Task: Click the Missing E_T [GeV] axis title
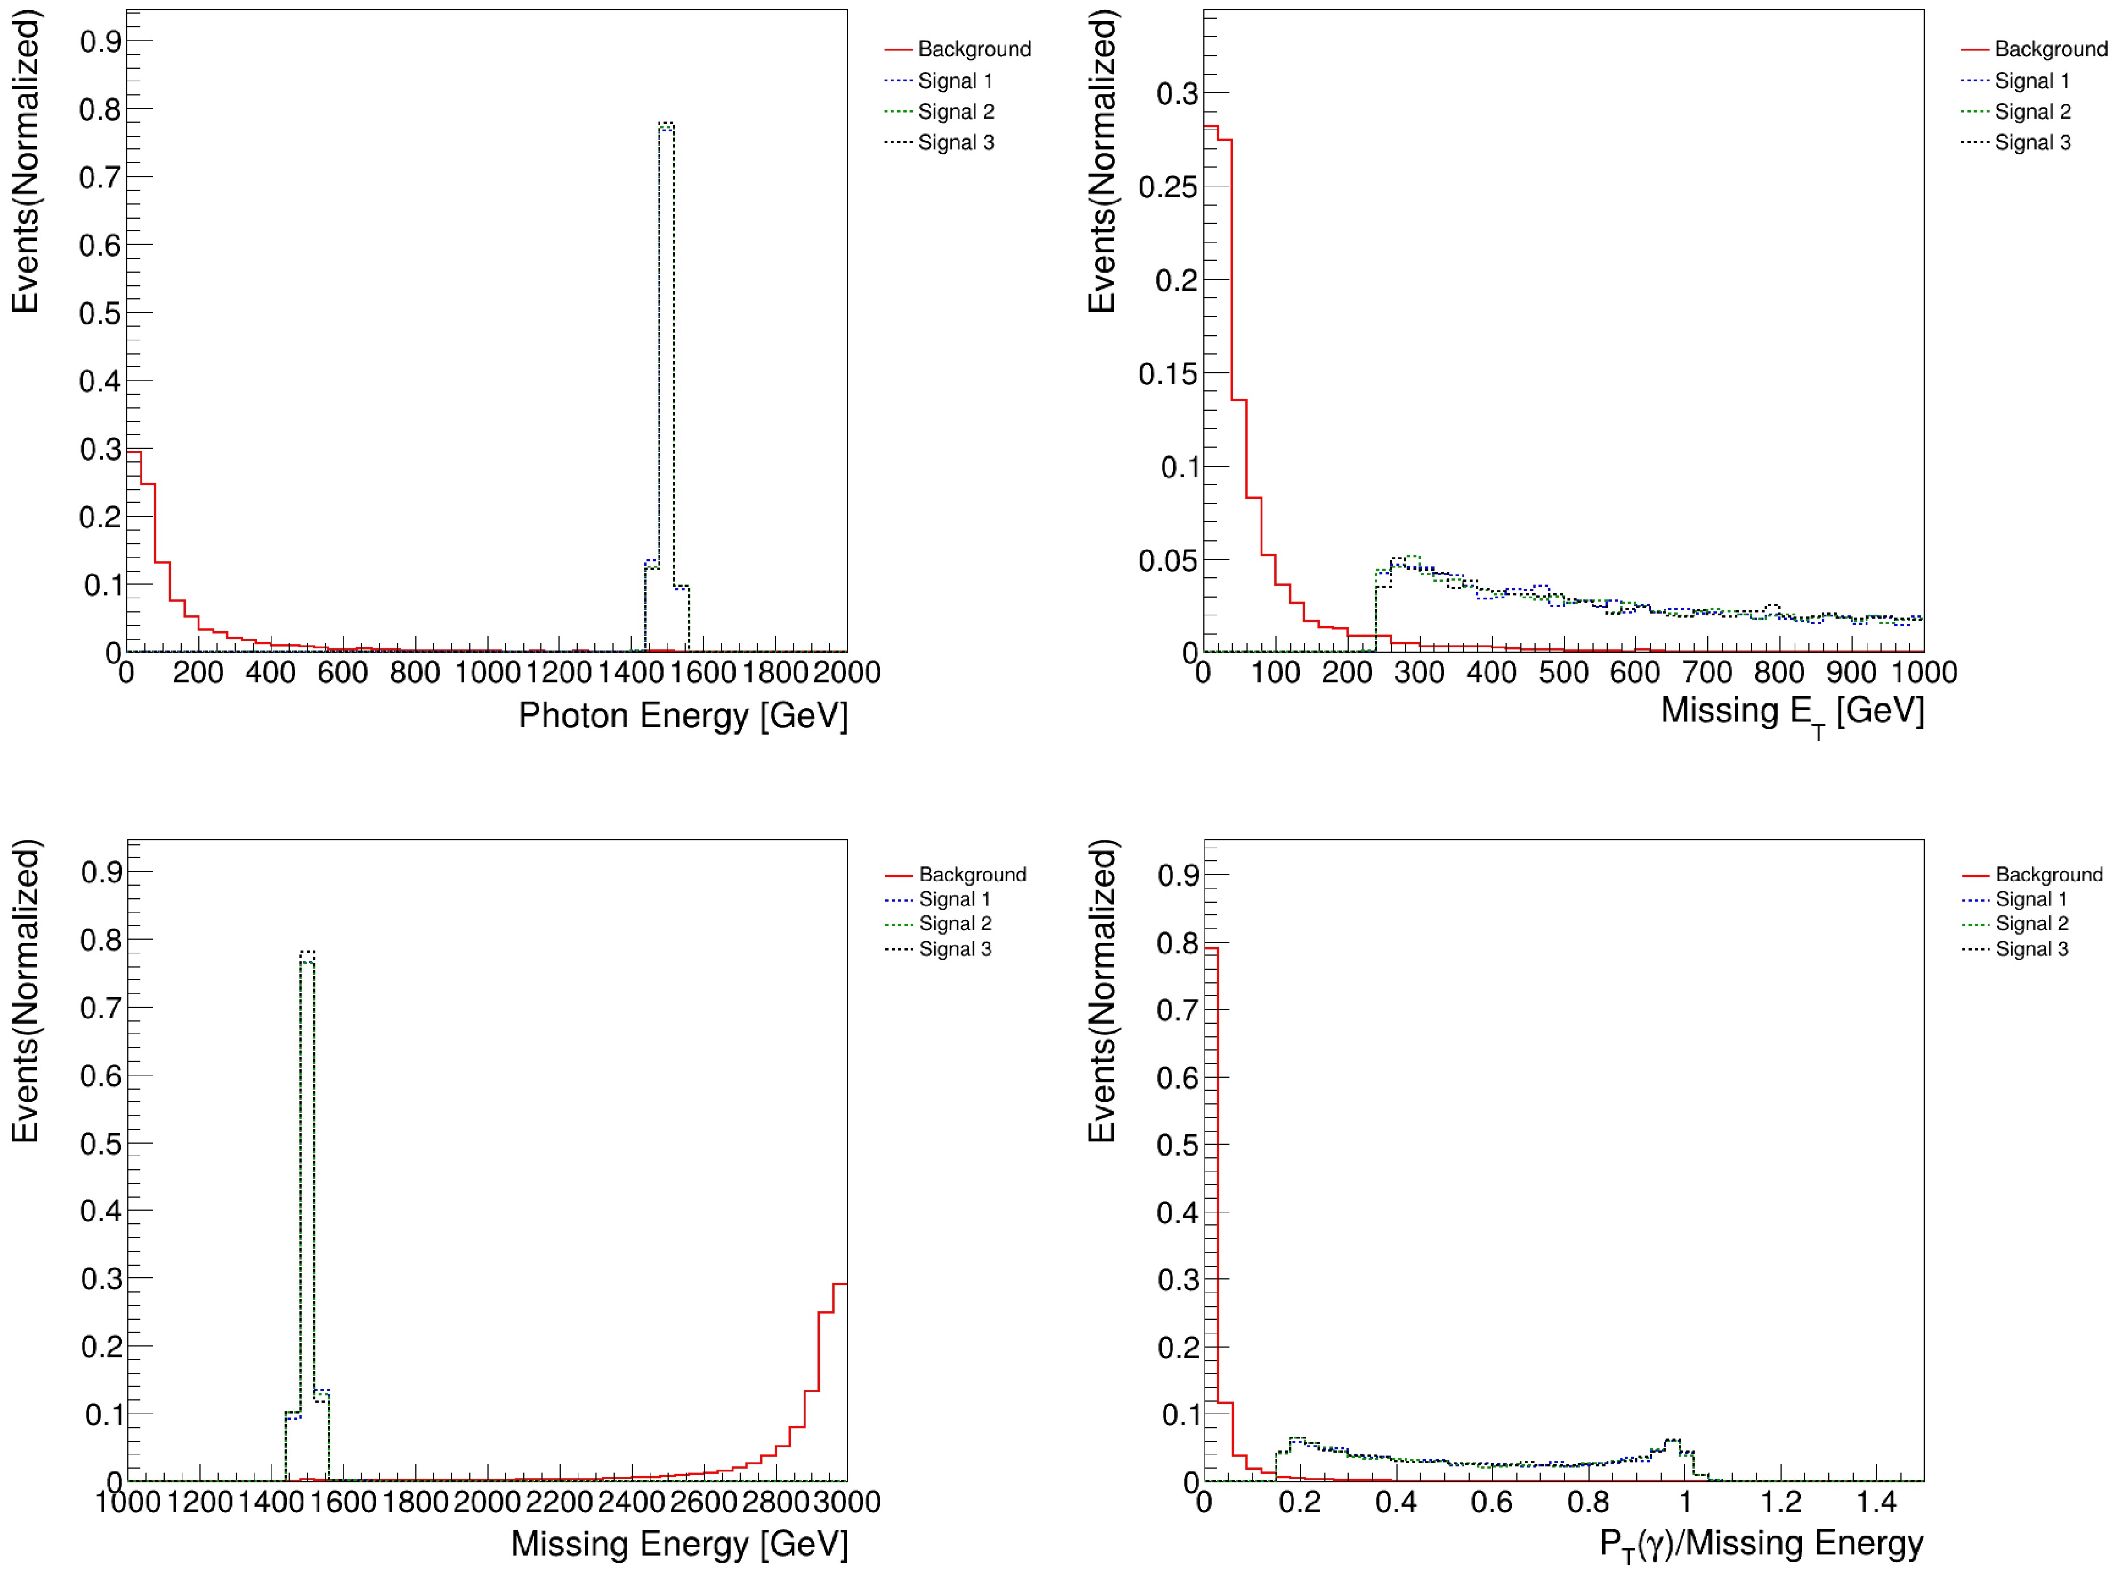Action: pyautogui.click(x=1792, y=712)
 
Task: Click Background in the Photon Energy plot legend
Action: pyautogui.click(x=974, y=49)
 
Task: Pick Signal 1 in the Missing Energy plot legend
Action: pyautogui.click(x=954, y=898)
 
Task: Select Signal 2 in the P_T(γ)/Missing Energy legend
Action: pyautogui.click(x=2031, y=923)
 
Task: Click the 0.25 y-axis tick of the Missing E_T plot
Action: pyautogui.click(x=1167, y=187)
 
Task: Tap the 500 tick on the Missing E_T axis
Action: pyautogui.click(x=1563, y=672)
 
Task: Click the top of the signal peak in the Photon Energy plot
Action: pyautogui.click(x=666, y=123)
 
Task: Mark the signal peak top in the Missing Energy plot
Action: pyautogui.click(x=307, y=952)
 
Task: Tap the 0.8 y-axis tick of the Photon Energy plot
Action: pyautogui.click(x=101, y=110)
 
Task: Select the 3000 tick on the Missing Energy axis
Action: pyautogui.click(x=846, y=1502)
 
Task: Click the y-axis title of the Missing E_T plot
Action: pyautogui.click(x=1102, y=162)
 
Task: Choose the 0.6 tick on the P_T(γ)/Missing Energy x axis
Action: pyautogui.click(x=1492, y=1502)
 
